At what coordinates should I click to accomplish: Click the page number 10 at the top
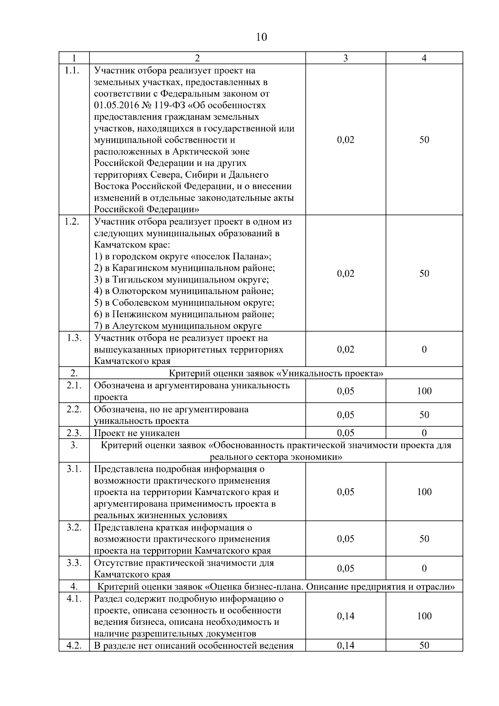click(261, 37)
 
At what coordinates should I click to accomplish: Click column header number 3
click(345, 58)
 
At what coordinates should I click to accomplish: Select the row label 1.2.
click(72, 221)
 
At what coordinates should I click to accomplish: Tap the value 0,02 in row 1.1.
click(346, 140)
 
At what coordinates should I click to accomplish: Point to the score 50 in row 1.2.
click(424, 274)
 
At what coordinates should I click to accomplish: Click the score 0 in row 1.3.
click(424, 349)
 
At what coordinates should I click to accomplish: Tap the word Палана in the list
click(249, 257)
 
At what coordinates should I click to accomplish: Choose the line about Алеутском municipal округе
click(178, 326)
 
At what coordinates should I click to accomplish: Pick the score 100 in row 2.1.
click(424, 391)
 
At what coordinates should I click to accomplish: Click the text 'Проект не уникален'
click(137, 433)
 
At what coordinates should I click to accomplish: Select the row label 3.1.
click(74, 469)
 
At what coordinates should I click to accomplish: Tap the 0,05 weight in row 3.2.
click(346, 539)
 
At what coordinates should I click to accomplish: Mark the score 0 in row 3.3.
click(424, 569)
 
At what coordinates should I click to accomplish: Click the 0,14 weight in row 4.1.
click(346, 617)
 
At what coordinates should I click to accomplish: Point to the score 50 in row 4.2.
click(424, 646)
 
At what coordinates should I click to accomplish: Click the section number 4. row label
click(74, 587)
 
